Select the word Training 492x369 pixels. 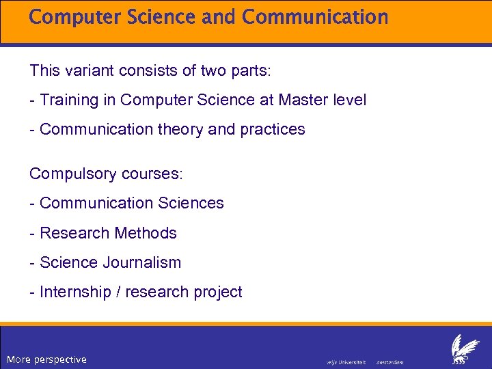[70, 100]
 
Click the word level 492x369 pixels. [351, 100]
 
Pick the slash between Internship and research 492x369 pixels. [121, 292]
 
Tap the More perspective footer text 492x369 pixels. [46, 359]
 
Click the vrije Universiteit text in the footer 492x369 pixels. [346, 361]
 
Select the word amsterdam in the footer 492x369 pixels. [390, 361]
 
